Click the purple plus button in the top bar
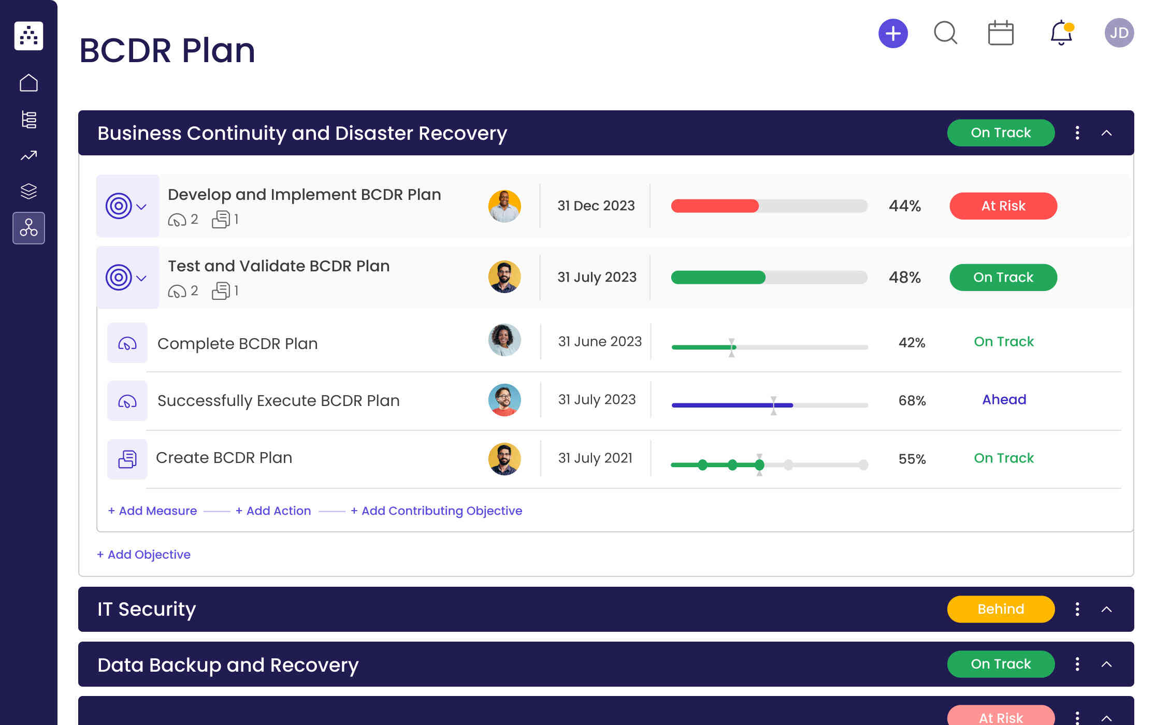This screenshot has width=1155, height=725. click(x=893, y=34)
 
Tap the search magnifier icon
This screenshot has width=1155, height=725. click(x=945, y=33)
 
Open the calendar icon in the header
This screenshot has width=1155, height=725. click(x=1001, y=33)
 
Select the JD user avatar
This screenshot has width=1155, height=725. click(x=1119, y=33)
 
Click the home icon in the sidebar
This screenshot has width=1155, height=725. click(x=28, y=83)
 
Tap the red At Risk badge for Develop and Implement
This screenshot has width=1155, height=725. click(x=1003, y=206)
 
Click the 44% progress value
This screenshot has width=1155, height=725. click(x=904, y=206)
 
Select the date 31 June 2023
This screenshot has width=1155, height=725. click(x=599, y=342)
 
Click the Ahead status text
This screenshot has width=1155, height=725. click(x=1004, y=400)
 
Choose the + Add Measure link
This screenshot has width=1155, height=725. click(x=152, y=511)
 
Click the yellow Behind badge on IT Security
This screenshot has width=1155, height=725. click(x=1000, y=609)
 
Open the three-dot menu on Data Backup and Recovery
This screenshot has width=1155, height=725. click(x=1077, y=664)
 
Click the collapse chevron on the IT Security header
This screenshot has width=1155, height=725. click(x=1106, y=610)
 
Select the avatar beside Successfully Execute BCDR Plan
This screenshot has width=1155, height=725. click(x=504, y=400)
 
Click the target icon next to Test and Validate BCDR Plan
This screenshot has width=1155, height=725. click(x=119, y=278)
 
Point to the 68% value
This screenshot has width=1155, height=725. click(x=912, y=400)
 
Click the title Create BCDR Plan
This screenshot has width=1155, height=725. click(x=224, y=458)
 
